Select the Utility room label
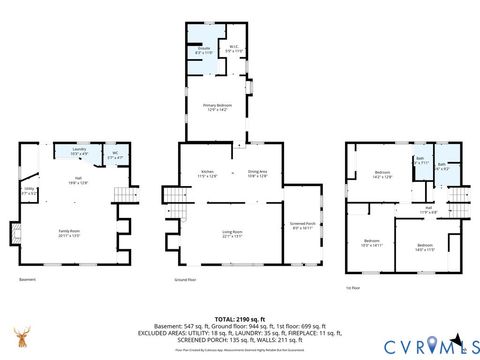pyautogui.click(x=31, y=190)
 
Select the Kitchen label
pyautogui.click(x=207, y=174)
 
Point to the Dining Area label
pyautogui.click(x=259, y=174)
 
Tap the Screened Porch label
pyautogui.click(x=302, y=225)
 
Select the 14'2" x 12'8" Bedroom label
pyautogui.click(x=382, y=174)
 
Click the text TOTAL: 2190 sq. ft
pyautogui.click(x=240, y=317)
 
